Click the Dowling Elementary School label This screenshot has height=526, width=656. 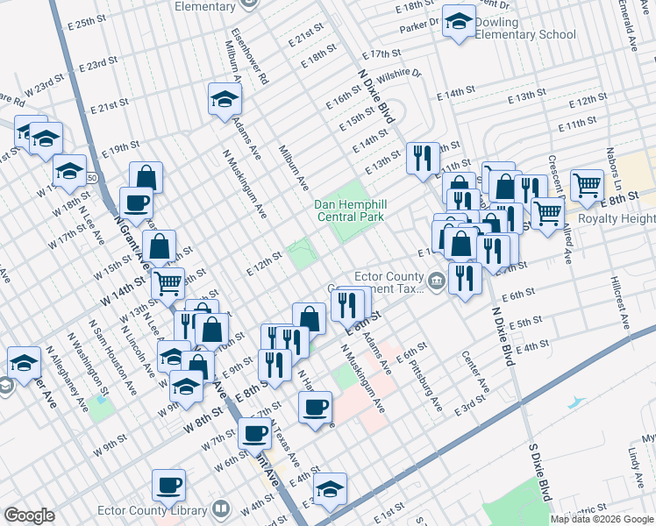click(x=524, y=29)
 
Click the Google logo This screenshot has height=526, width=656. click(x=29, y=515)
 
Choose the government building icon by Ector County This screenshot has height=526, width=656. click(x=437, y=282)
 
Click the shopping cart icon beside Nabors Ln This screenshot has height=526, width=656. click(x=587, y=185)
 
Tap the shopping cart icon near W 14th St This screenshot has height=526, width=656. click(x=168, y=283)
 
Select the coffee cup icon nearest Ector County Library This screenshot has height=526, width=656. click(x=169, y=484)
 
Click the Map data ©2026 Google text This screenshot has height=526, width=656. click(x=602, y=519)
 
